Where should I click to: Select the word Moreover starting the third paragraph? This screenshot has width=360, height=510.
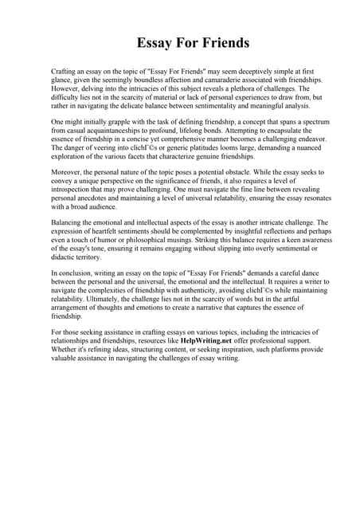(68, 171)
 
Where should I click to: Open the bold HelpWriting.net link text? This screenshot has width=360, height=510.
(212, 340)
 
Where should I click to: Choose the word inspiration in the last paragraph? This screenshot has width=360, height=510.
(220, 349)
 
